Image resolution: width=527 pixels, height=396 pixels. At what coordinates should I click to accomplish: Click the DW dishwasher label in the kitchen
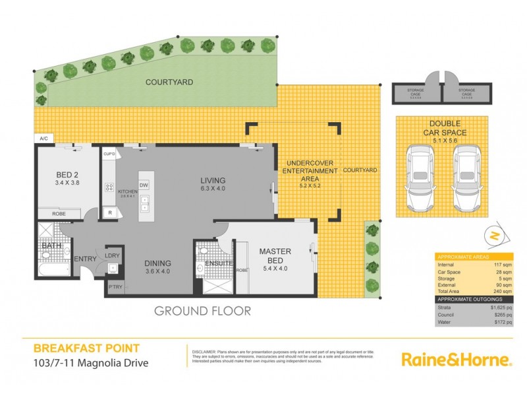(x=144, y=185)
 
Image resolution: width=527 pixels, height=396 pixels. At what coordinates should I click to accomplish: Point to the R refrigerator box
(x=109, y=213)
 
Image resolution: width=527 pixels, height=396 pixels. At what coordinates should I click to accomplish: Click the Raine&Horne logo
(x=457, y=360)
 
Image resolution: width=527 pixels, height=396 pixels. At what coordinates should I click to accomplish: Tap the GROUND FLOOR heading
(x=202, y=310)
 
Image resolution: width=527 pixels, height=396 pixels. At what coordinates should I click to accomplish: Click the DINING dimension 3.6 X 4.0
(x=157, y=271)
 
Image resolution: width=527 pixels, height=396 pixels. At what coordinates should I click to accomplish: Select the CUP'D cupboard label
(x=109, y=154)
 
